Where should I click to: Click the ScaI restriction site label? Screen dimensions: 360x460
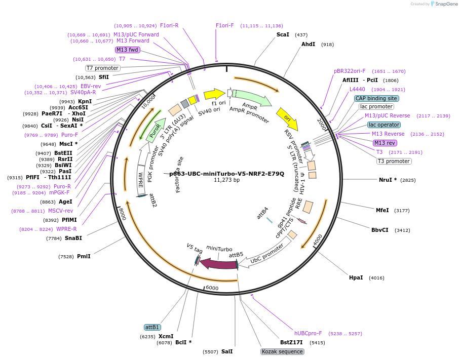click(283, 35)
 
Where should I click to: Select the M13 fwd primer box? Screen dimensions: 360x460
click(127, 50)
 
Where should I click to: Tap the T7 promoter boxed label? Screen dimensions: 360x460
click(103, 68)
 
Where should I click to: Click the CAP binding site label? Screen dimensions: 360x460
click(376, 98)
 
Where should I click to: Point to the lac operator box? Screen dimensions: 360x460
click(384, 125)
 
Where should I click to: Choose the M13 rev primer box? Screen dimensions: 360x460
click(385, 143)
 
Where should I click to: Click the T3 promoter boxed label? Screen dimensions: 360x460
click(394, 161)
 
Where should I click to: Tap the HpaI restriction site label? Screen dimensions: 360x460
click(356, 277)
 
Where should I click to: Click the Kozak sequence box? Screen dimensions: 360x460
click(282, 351)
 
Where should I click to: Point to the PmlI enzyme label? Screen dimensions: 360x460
click(84, 256)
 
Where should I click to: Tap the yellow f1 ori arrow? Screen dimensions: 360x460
click(214, 94)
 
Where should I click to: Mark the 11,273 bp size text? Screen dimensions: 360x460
click(226, 180)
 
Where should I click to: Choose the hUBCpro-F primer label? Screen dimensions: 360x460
click(308, 333)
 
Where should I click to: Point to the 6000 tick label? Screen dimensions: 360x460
click(212, 288)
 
